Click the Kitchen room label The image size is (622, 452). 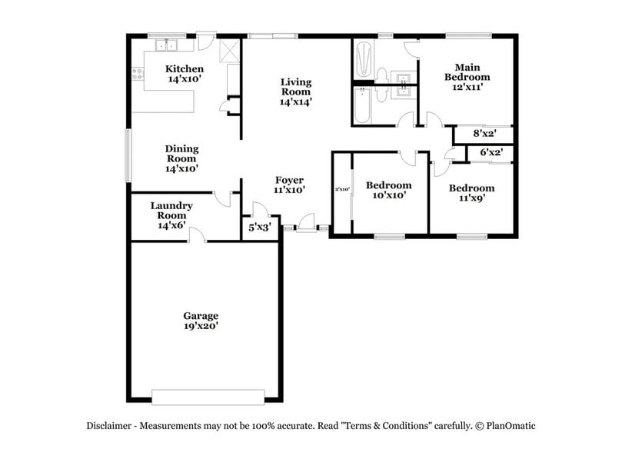click(x=185, y=69)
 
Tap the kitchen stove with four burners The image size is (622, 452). click(x=138, y=75)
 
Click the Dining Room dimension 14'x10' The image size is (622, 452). click(x=181, y=168)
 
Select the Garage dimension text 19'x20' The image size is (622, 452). click(x=201, y=326)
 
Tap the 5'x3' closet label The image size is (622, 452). click(x=258, y=228)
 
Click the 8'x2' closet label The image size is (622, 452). click(x=482, y=133)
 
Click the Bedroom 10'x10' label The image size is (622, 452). click(x=388, y=185)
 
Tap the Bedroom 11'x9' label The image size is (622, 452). click(x=471, y=188)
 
